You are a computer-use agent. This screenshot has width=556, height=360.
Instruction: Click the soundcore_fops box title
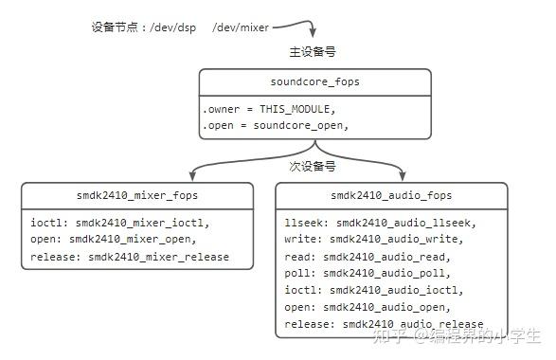pos(314,81)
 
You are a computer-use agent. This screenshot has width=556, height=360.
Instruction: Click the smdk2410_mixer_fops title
pos(138,196)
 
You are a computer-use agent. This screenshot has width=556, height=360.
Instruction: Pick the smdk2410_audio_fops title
pos(391,196)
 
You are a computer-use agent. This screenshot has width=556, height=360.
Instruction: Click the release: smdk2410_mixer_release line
pos(129,257)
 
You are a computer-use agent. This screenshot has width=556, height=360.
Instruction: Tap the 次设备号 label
pos(313,167)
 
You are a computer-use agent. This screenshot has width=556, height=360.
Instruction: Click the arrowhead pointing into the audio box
pos(403,176)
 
